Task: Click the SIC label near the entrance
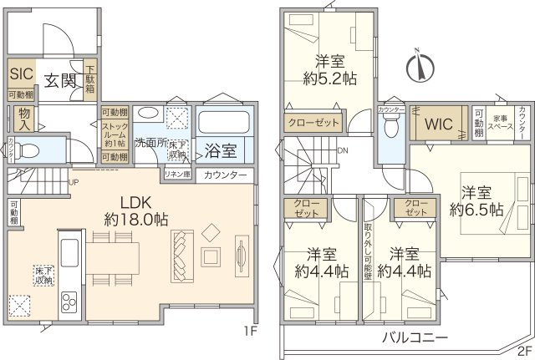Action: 20,73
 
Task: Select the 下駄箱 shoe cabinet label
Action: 90,78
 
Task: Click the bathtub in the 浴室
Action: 222,124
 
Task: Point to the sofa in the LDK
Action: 181,255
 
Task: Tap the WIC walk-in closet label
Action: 439,124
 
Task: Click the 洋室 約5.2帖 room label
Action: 329,69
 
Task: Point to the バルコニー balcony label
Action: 415,337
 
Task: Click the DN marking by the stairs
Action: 343,151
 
